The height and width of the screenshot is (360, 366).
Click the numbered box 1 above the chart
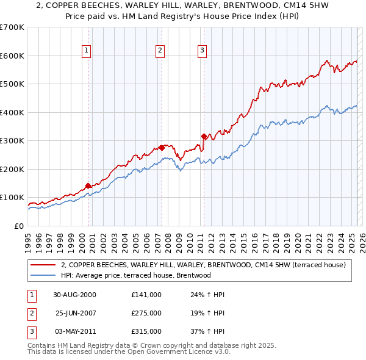(87, 51)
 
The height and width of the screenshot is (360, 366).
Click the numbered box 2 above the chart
(160, 51)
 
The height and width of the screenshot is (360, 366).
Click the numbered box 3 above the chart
(202, 51)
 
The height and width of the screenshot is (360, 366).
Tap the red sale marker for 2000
(88, 185)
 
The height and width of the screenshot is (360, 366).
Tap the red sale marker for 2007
(162, 148)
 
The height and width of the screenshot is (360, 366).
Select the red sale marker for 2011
(203, 136)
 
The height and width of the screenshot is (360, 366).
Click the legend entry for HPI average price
(136, 275)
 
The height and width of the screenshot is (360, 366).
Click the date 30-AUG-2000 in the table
(74, 295)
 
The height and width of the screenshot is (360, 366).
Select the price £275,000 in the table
(146, 313)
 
